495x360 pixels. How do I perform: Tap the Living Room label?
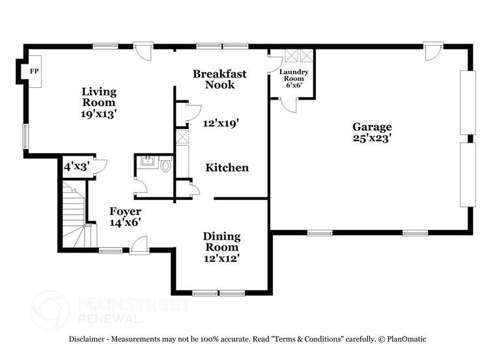coord(98,96)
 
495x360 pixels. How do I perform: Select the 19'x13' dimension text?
coord(99,113)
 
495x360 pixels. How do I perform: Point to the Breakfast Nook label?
coord(219,79)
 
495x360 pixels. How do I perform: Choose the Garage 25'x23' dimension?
coord(372,138)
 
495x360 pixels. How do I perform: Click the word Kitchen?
coord(227,168)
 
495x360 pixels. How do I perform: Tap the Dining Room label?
coord(221,242)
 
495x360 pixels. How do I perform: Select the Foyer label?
coord(125,212)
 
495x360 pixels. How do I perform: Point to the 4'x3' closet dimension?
coord(75,167)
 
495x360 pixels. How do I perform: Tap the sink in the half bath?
coord(147,161)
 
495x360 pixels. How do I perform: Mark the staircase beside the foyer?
coord(74,212)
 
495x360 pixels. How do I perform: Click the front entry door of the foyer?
coord(139,246)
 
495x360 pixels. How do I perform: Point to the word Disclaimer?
coord(89,339)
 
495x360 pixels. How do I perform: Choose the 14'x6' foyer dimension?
coord(125,223)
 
